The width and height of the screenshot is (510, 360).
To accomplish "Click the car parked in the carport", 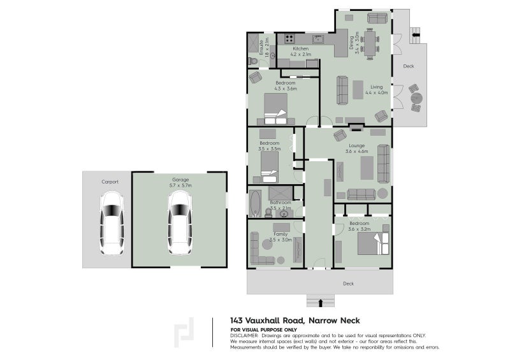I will pyautogui.click(x=112, y=222).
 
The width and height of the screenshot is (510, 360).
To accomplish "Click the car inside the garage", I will pyautogui.click(x=180, y=222).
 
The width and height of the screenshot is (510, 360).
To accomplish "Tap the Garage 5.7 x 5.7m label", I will pyautogui.click(x=181, y=182).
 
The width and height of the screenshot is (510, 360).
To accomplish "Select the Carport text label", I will pyautogui.click(x=110, y=182).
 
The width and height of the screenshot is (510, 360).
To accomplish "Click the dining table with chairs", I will pyautogui.click(x=371, y=43).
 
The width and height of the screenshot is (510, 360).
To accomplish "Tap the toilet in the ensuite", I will pyautogui.click(x=252, y=61).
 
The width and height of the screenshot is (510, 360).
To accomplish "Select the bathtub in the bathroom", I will pyautogui.click(x=256, y=203).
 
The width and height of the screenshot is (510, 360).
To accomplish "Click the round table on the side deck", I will pyautogui.click(x=416, y=99).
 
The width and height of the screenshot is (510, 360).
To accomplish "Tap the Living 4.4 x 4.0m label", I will pyautogui.click(x=376, y=90).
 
